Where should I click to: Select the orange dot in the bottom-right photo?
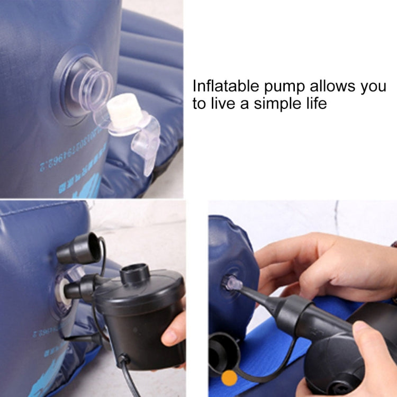pos(229,377)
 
